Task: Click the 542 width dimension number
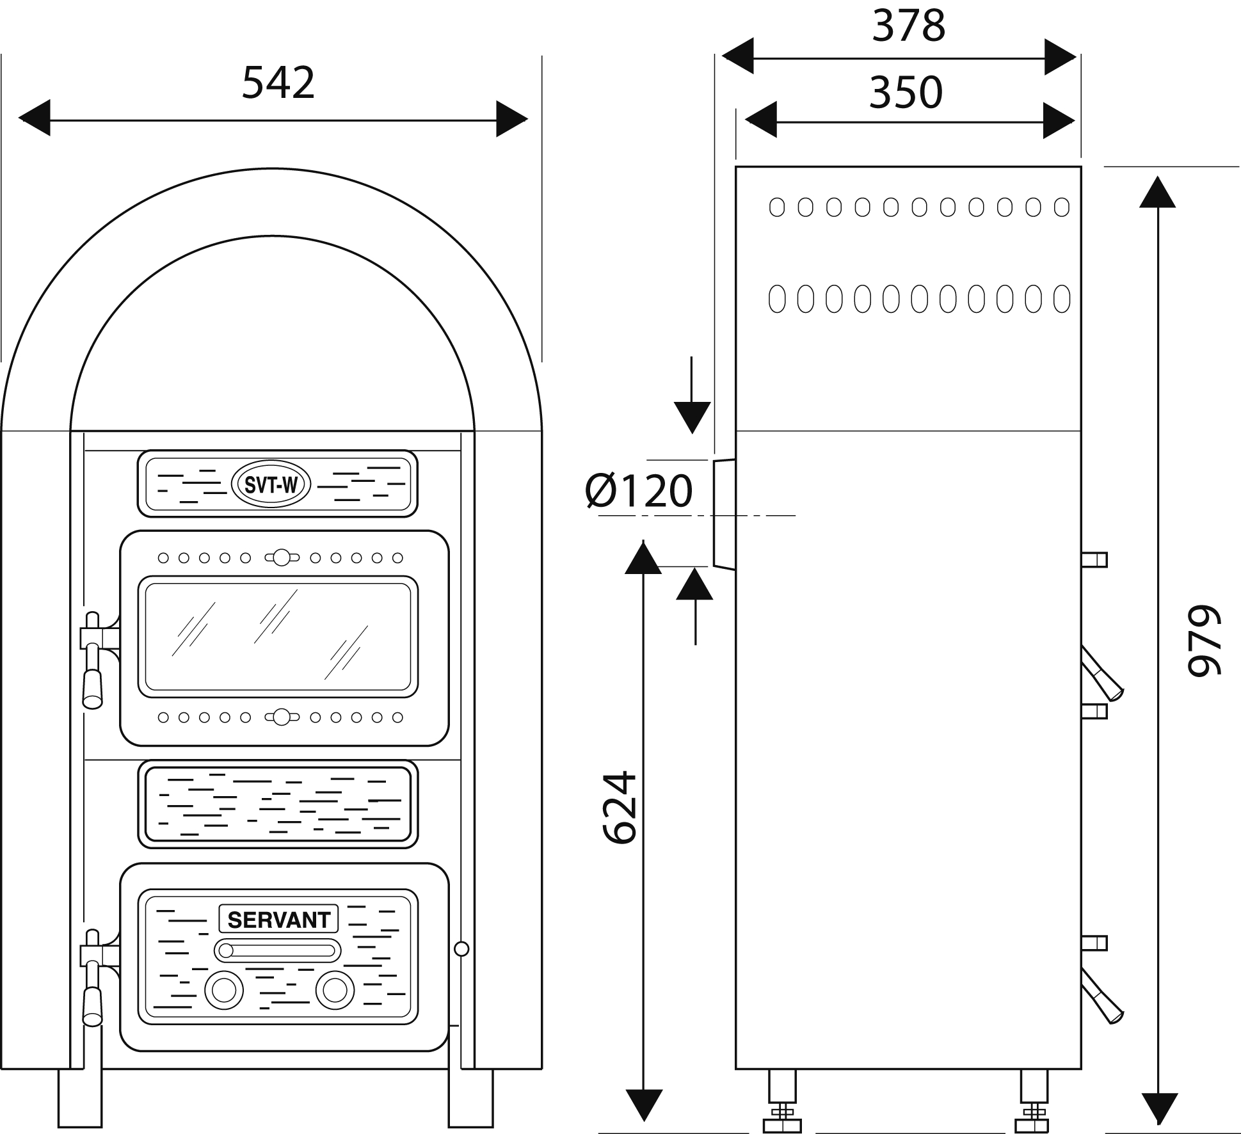278,83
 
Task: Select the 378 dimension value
908,26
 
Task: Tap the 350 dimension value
906,92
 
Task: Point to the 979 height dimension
1204,640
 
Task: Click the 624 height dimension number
620,808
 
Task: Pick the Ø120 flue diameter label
639,491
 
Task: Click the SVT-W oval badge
271,486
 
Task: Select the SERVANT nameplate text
279,920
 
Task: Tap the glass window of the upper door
278,636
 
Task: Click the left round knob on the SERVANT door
224,991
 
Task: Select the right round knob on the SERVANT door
335,991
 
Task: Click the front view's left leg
80,1088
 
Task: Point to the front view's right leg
471,1088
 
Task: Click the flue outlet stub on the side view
724,514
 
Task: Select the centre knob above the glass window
282,557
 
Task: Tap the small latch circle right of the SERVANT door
461,948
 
